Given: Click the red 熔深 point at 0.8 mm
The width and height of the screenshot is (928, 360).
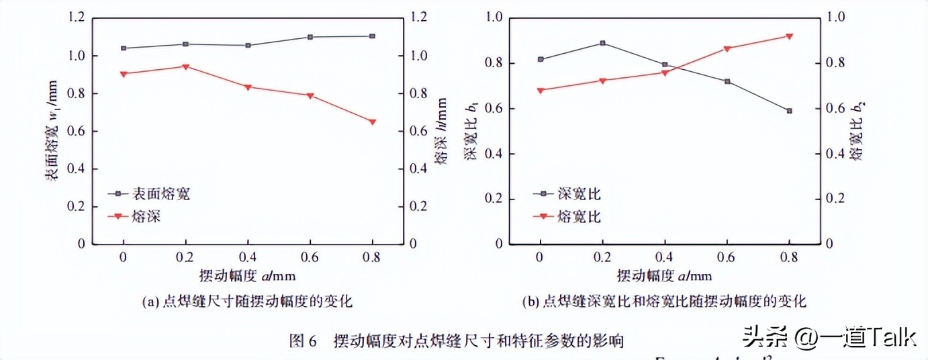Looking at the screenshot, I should [371, 122].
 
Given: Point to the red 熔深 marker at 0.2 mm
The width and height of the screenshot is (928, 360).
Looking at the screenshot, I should [185, 66].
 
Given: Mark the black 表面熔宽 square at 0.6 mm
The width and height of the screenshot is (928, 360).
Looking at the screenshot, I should [310, 37].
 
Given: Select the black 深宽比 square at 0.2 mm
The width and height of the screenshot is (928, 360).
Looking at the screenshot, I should [603, 43].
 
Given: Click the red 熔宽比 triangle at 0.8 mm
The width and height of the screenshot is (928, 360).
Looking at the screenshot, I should [790, 36].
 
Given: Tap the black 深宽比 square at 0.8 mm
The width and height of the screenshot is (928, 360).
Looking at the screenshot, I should [790, 111].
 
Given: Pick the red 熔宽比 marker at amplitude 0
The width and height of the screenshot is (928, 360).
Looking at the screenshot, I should [541, 90].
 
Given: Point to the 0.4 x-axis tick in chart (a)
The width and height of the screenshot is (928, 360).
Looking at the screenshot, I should [248, 257].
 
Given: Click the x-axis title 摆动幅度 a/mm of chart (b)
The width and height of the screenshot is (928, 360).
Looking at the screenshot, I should [665, 275].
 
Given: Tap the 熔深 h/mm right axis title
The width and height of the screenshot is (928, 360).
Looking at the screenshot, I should [440, 130].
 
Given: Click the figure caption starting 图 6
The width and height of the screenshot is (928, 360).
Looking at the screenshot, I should [456, 341].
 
